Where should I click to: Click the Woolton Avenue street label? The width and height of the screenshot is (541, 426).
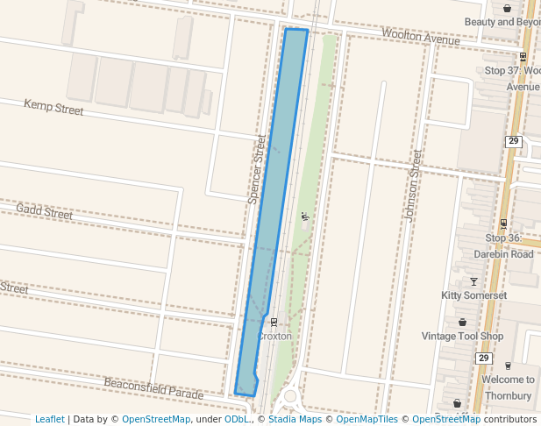[420, 37]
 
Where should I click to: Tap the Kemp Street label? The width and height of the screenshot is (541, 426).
[53, 108]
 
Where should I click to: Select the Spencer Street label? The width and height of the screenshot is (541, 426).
[257, 170]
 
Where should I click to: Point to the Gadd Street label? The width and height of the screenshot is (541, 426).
[44, 212]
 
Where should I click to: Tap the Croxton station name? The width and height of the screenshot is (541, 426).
[274, 336]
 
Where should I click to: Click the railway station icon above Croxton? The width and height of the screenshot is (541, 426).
[273, 322]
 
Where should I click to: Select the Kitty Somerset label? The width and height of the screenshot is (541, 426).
[474, 295]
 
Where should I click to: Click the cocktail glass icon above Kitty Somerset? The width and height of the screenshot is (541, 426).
[474, 281]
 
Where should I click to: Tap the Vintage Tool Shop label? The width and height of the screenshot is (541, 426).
[462, 337]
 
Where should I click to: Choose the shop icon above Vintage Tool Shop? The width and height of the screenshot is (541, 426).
[462, 323]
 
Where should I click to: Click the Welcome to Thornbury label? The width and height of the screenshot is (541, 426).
[508, 387]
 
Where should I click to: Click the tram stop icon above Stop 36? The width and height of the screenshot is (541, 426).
[502, 224]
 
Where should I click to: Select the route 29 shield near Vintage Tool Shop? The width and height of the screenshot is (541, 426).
[483, 359]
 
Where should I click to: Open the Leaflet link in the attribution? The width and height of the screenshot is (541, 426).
[50, 419]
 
